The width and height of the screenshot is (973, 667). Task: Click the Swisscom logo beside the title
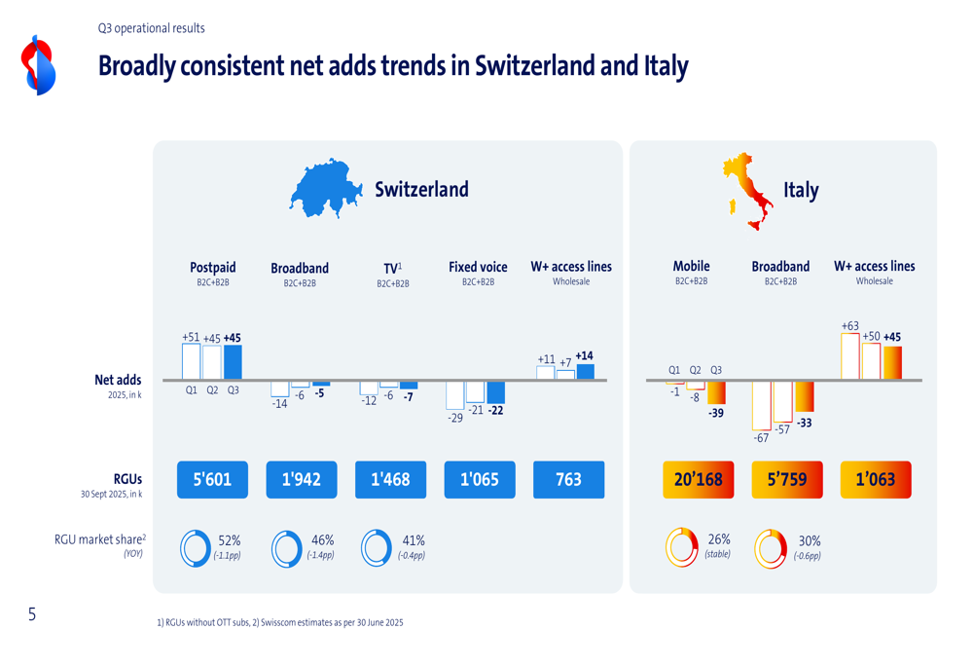pos(39,65)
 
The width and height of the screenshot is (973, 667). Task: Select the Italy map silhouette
pos(746,189)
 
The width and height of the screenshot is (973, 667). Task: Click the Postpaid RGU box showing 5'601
pos(212,479)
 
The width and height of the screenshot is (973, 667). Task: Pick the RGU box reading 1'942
pos(302,479)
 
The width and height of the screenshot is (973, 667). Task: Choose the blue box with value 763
pos(568,479)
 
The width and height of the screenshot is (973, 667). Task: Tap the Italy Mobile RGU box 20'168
pos(698,479)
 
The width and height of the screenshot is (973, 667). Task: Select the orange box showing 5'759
pos(786,479)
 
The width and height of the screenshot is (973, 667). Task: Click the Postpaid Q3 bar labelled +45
pos(233,361)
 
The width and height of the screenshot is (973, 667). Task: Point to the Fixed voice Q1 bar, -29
pos(454,394)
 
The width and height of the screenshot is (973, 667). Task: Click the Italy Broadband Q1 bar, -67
pos(761,404)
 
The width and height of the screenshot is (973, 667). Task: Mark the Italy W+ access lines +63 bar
pos(849,356)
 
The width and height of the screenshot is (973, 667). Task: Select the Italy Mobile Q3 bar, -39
pos(716,391)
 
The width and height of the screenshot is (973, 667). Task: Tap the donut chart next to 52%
pos(196,549)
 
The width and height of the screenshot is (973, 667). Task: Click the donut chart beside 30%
pos(771,549)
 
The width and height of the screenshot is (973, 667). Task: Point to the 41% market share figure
pos(413,540)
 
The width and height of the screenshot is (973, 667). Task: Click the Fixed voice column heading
pos(478,267)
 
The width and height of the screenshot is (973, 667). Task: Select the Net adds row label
pos(118,380)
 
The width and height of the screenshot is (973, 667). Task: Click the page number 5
pos(32,614)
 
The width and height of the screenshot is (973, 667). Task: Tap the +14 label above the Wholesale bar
pos(584,356)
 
